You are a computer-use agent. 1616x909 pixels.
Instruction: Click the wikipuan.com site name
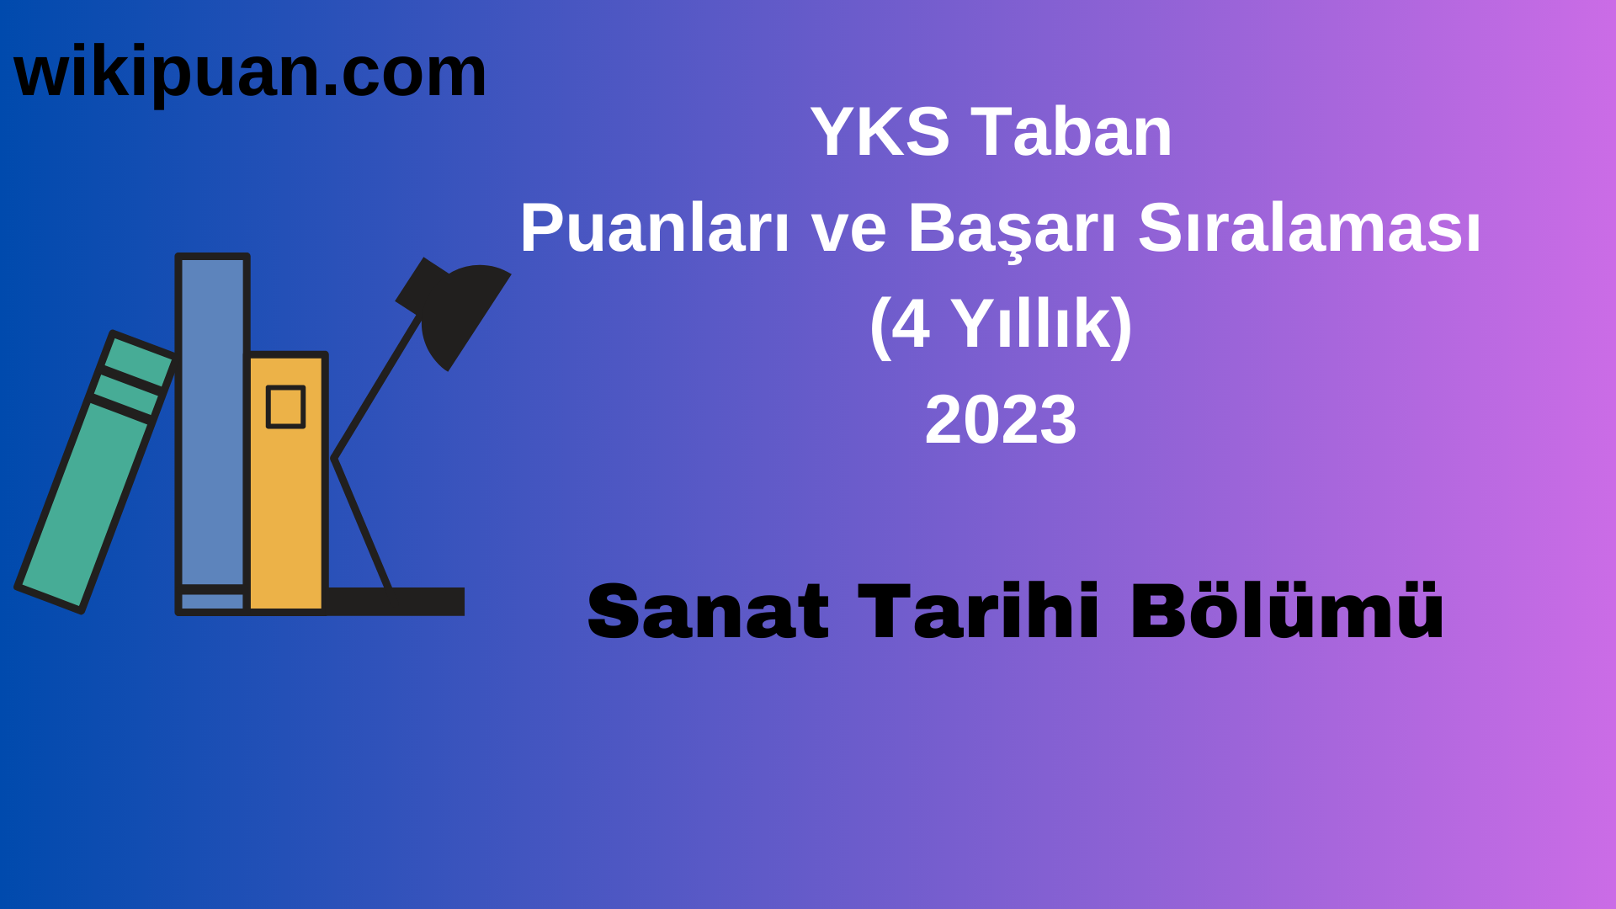(250, 72)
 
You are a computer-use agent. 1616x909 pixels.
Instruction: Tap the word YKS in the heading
(880, 132)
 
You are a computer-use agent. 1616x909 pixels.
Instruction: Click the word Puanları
(654, 228)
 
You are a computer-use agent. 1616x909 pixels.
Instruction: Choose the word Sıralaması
(1309, 228)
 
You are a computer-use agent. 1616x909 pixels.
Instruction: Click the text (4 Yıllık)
(1000, 324)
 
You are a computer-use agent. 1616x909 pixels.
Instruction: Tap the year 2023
(1000, 420)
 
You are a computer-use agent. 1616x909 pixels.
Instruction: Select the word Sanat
(708, 612)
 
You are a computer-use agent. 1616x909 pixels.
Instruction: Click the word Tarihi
(978, 612)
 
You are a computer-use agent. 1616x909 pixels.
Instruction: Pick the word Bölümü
(1287, 612)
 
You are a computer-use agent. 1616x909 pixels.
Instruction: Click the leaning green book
(84, 505)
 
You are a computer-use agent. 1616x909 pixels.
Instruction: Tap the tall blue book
(212, 421)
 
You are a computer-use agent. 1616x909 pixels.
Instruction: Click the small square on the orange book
(285, 407)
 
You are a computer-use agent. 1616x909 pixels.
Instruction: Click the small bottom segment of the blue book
(212, 602)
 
